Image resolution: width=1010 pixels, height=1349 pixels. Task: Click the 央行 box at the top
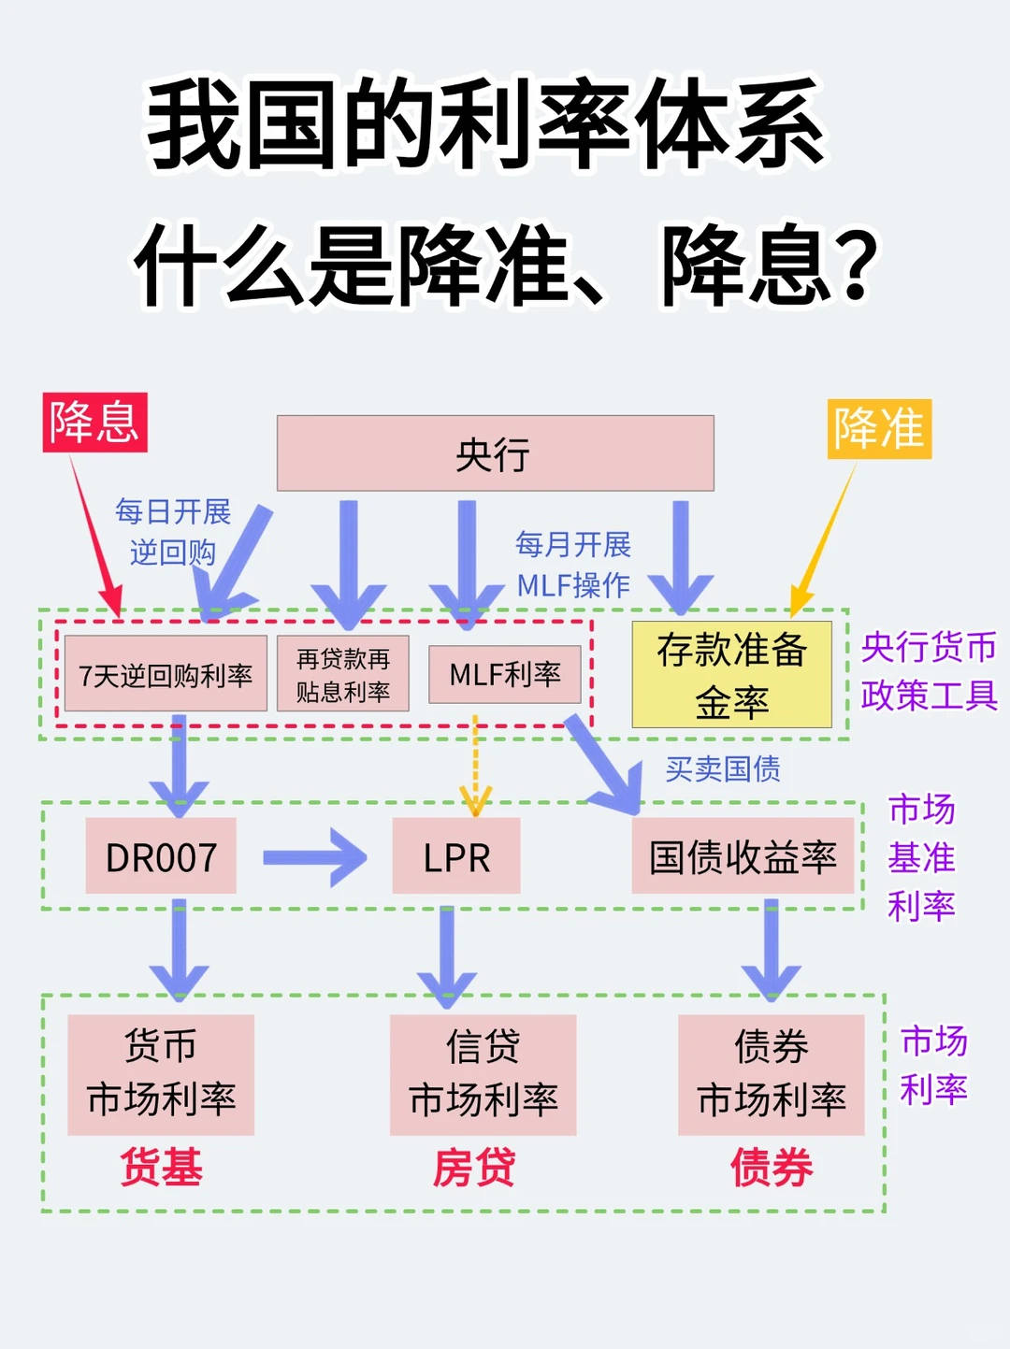point(495,453)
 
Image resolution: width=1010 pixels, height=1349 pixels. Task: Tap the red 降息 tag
point(94,423)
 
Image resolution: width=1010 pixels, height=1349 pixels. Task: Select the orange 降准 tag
point(878,429)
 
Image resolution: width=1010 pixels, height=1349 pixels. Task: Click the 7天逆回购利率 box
point(166,674)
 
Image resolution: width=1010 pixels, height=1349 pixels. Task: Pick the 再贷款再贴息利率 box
point(342,674)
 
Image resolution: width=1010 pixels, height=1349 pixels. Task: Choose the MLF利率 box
point(504,674)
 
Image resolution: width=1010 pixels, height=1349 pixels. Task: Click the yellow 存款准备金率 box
point(731,674)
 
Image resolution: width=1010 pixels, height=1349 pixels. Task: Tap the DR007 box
point(161,856)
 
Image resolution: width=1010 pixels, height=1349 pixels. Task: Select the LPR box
point(456,856)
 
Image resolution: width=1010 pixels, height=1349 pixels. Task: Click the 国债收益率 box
point(743,856)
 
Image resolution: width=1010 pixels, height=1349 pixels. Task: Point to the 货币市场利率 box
point(161,1074)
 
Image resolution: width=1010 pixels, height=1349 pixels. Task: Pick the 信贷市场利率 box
point(483,1074)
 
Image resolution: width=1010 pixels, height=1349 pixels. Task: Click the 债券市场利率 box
point(772,1074)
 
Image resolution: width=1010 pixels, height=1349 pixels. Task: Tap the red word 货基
point(161,1168)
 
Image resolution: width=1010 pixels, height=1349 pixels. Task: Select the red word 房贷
point(474,1168)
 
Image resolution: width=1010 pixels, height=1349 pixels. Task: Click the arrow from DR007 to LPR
point(314,857)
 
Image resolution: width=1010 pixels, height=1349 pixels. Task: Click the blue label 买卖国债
point(723,768)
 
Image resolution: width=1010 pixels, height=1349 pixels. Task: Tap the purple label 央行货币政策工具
point(929,670)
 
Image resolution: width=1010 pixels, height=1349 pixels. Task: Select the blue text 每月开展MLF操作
point(573,565)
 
